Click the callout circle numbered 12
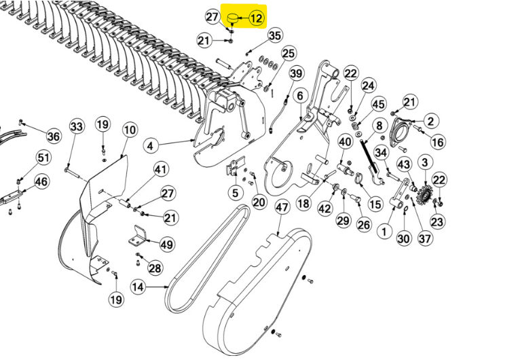[257, 18]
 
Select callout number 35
[274, 35]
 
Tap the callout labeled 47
[282, 207]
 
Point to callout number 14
[138, 287]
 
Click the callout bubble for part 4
[151, 145]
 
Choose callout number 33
[76, 126]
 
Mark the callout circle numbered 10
[130, 129]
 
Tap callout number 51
[43, 158]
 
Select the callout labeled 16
[438, 142]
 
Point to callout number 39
[297, 73]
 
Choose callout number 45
[378, 104]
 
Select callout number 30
[404, 238]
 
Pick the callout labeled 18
[303, 203]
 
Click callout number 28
[155, 268]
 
